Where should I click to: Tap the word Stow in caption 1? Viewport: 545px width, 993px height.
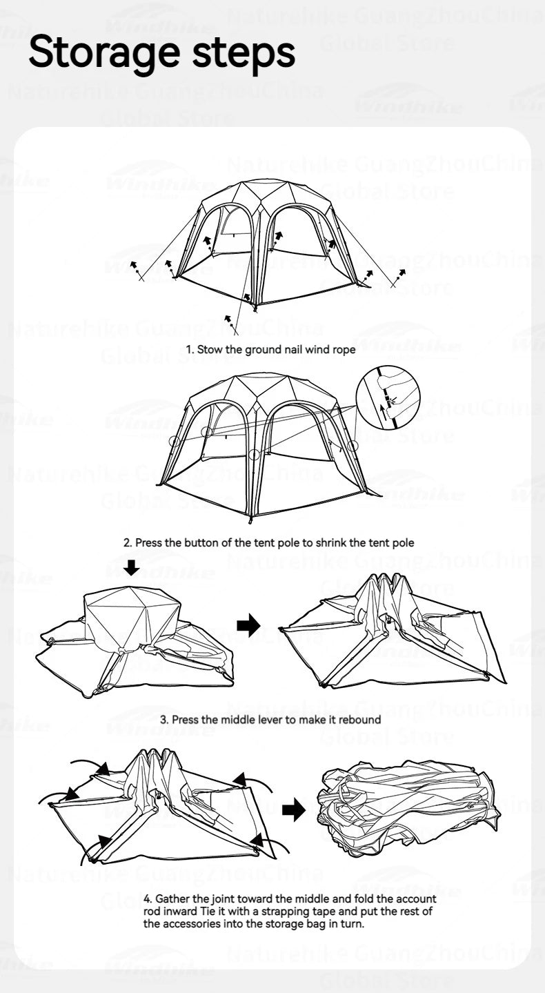click(212, 349)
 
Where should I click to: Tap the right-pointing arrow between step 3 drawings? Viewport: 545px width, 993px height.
click(248, 625)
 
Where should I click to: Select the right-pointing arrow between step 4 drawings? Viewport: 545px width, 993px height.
click(294, 811)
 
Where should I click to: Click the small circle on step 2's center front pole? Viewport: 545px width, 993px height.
click(255, 454)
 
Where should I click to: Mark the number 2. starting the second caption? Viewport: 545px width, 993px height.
click(128, 542)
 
